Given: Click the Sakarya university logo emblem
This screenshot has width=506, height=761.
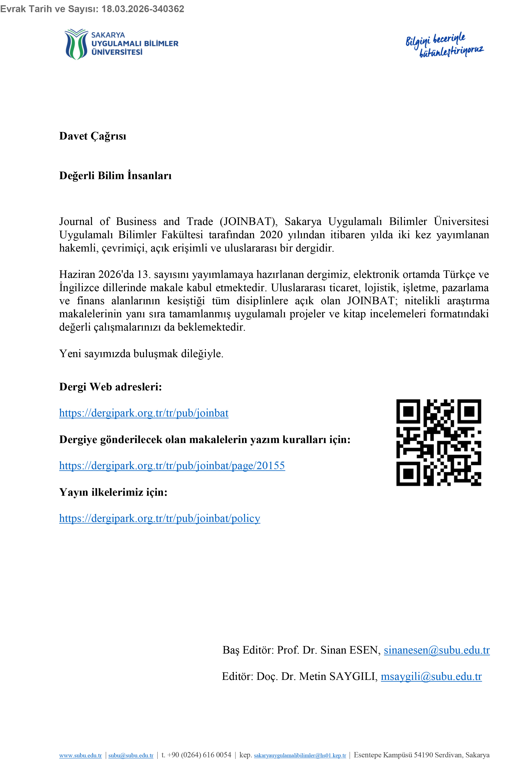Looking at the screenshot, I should [76, 44].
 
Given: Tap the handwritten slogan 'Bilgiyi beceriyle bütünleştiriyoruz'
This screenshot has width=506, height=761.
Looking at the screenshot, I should [444, 45].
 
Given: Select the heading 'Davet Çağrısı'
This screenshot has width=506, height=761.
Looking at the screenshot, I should [93, 136].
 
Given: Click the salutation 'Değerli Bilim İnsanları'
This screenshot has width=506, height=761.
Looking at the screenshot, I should [115, 175].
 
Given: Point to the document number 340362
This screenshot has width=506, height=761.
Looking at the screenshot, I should [168, 9].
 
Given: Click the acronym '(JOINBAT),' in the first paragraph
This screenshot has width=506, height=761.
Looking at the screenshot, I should [248, 222].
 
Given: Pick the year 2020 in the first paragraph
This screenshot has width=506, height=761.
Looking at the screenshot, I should [271, 235].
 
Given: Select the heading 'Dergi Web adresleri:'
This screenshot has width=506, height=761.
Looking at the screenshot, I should [110, 387].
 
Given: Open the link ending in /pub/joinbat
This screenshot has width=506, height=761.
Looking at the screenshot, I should [144, 413].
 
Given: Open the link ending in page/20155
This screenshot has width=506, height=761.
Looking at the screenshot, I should [172, 466].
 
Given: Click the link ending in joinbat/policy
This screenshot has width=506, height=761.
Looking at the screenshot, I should [159, 518].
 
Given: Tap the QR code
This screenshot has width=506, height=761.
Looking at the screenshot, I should [439, 442].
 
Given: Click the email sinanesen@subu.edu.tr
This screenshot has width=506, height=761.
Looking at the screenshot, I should [437, 650].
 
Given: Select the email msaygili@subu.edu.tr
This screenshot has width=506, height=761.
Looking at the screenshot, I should [431, 676].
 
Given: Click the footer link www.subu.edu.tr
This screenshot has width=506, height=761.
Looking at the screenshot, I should [80, 756].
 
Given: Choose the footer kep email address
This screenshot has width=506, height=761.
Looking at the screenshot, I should [300, 756].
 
